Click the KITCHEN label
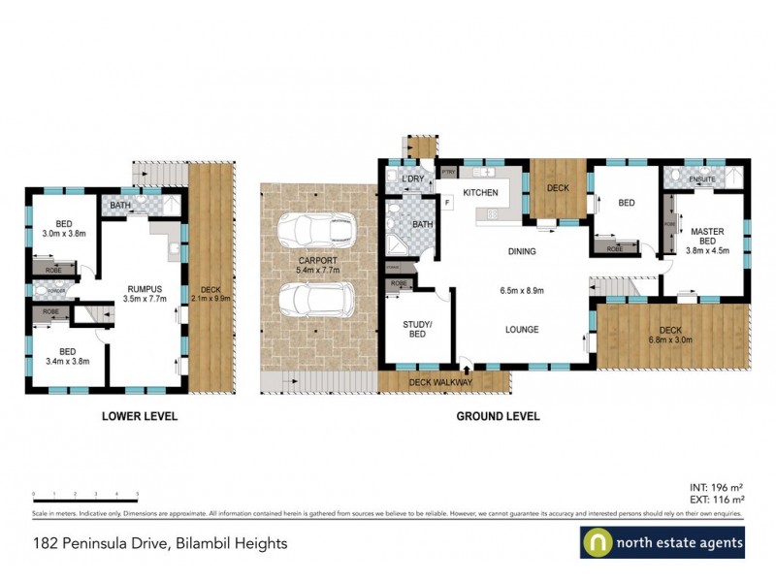coord(480,193)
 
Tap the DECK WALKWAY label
coord(440,382)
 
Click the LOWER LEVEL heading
coord(140,416)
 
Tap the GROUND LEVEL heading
coord(499,416)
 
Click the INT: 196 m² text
coord(715,488)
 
